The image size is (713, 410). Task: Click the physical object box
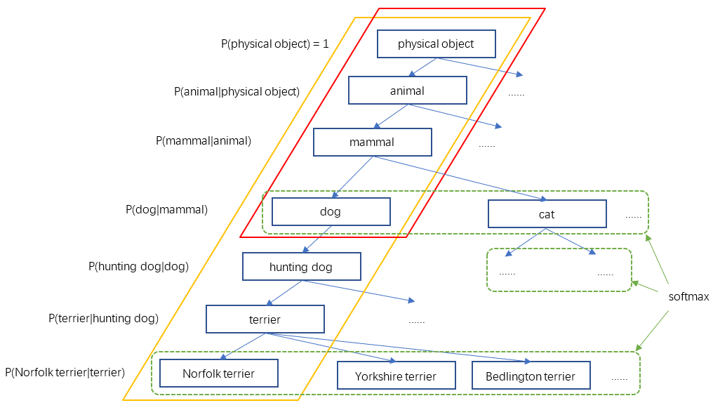pos(436,44)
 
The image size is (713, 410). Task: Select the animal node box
pos(407,91)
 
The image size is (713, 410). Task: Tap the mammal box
pos(372,142)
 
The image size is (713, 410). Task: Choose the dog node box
pos(331,212)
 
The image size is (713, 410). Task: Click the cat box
pos(547,214)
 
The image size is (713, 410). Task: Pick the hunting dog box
pos(301,267)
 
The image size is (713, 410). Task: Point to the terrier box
pos(265,319)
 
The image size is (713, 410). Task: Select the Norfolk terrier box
pos(218,373)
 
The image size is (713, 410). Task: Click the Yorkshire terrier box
pos(396,376)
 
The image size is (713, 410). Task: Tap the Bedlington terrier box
pos(531,376)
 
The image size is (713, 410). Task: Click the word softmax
pos(688,296)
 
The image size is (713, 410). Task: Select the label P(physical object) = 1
pos(275,44)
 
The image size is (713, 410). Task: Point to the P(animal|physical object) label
pos(236,91)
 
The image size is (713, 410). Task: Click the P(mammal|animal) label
pos(204,140)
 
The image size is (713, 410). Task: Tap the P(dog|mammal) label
pos(166,209)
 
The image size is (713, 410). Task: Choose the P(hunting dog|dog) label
pos(139,266)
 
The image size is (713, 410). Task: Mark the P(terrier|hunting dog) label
pos(103,318)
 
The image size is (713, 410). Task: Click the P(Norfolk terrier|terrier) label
pos(65,372)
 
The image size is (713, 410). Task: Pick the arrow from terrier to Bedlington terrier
pos(400,348)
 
